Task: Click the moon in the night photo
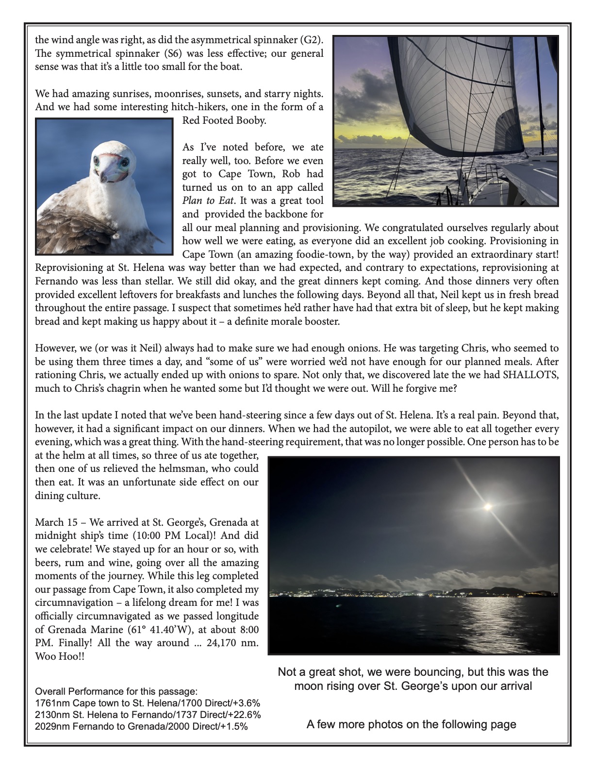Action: (x=488, y=506)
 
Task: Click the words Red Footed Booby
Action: (x=224, y=120)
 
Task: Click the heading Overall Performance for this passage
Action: (x=116, y=691)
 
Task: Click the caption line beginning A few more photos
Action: (x=411, y=724)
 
